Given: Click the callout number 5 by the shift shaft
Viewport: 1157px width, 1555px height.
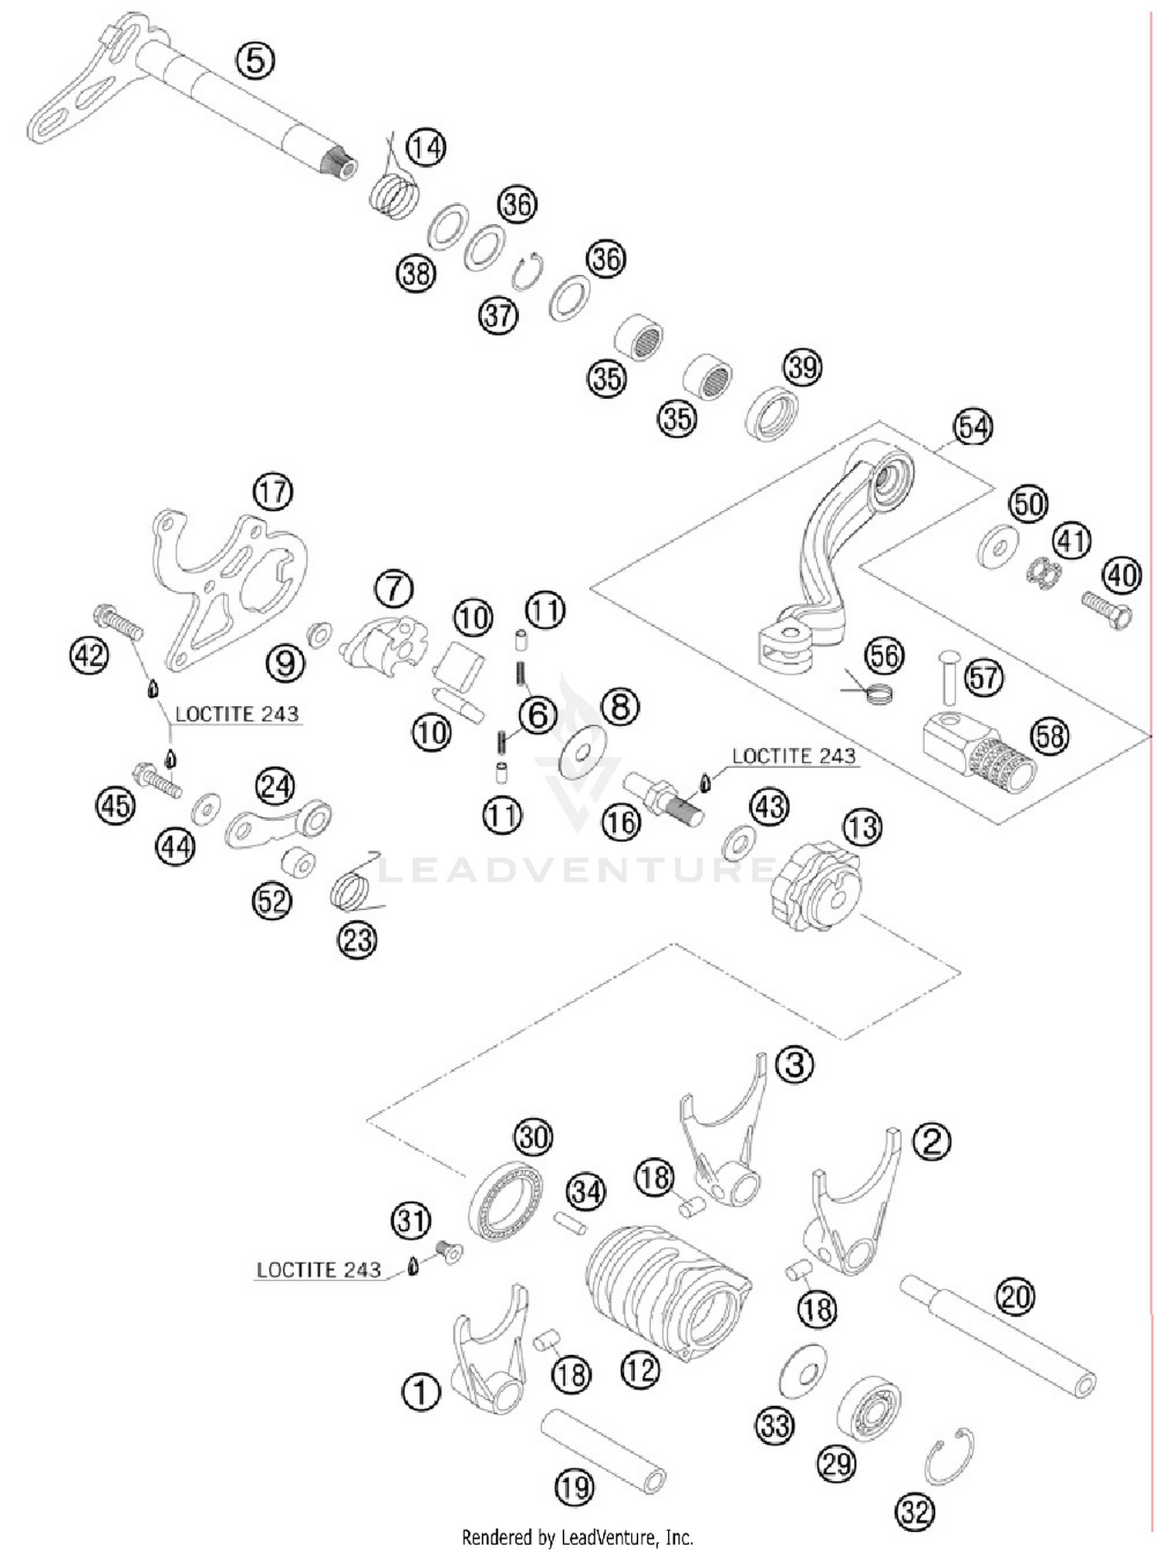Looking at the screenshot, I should coord(255,60).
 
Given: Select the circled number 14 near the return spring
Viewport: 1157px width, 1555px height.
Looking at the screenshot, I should coord(427,147).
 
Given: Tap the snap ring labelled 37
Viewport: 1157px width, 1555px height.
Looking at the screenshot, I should coord(528,272).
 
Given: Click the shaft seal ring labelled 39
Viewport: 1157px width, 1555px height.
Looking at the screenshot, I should coord(771,414).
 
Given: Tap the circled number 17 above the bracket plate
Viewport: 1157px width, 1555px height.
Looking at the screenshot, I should coord(273,492).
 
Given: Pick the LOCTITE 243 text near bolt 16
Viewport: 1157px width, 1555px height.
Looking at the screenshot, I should coord(794,756).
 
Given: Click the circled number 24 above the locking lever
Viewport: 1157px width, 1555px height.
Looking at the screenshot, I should coord(275,786).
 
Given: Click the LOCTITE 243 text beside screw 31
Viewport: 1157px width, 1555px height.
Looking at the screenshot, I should coord(319,1269).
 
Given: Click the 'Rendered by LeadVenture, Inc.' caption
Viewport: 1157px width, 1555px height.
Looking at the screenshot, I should coord(577,1537).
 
